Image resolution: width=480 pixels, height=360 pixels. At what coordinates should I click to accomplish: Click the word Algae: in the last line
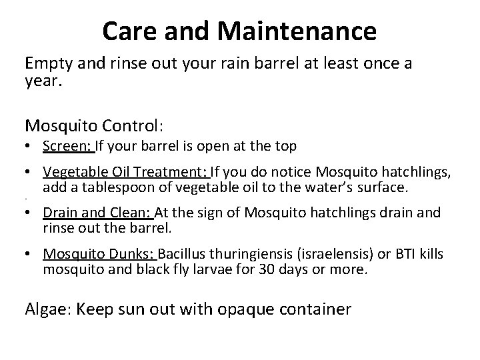(49, 309)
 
